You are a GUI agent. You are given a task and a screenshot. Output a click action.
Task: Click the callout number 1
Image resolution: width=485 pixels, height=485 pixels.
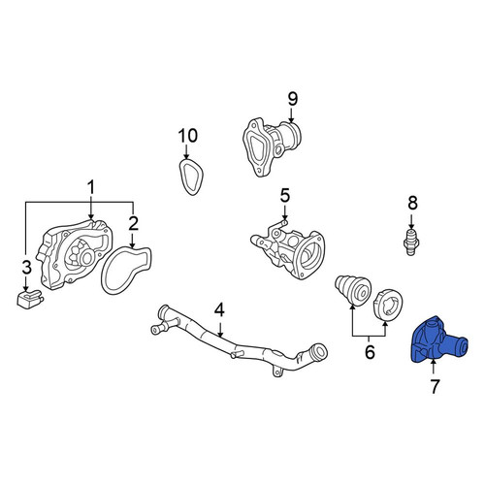click(x=91, y=187)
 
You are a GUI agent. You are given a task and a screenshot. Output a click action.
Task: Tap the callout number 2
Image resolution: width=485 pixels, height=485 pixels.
click(x=133, y=223)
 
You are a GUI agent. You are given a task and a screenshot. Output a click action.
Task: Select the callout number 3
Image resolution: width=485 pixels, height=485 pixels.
click(x=26, y=268)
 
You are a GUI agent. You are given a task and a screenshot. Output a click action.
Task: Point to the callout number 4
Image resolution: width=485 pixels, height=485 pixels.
click(x=219, y=310)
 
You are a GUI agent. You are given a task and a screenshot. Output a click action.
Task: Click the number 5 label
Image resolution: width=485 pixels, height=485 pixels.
click(x=285, y=196)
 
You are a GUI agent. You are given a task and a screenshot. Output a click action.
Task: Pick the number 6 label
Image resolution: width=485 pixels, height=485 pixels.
click(x=370, y=352)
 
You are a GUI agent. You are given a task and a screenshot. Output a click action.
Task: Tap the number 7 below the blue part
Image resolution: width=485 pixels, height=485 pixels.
click(x=435, y=386)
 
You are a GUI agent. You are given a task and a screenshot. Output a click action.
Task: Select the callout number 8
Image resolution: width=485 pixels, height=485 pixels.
click(x=412, y=203)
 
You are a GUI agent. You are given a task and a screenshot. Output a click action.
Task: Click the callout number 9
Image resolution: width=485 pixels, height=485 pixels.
click(x=292, y=99)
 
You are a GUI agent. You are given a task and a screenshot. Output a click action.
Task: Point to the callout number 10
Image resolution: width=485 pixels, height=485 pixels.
click(x=188, y=136)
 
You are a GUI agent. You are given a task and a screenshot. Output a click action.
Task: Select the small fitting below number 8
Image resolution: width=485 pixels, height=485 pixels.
click(x=411, y=242)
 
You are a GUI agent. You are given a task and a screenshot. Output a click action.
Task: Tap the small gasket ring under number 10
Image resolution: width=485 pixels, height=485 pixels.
click(x=191, y=177)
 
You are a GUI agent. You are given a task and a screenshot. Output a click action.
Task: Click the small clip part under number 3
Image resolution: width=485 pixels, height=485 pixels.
click(x=30, y=300)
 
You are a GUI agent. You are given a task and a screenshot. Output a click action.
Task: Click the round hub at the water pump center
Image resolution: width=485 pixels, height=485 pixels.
click(x=87, y=258)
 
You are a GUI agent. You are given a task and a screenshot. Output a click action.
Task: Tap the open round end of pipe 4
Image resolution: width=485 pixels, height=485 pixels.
click(x=320, y=351)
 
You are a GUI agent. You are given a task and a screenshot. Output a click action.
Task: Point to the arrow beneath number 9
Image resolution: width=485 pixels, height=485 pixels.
click(x=292, y=115)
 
